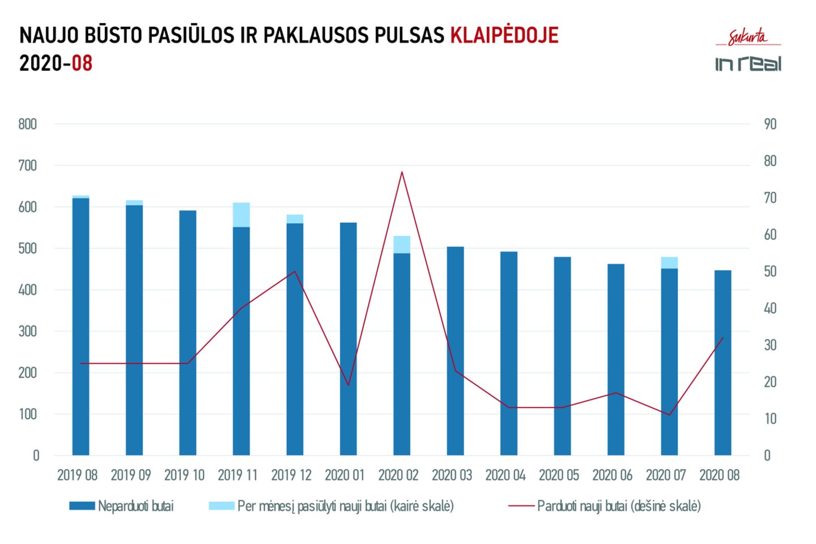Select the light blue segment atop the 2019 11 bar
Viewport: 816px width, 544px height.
pos(241,215)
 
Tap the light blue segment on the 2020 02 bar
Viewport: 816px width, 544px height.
pos(402,244)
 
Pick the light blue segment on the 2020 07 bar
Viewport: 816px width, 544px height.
pos(669,262)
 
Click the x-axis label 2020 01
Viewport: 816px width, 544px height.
pos(345,475)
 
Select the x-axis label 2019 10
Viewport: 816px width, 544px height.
pos(184,475)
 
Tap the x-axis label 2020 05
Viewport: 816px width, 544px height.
pos(559,475)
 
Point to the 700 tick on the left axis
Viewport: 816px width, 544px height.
pos(27,165)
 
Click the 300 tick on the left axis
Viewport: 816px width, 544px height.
pos(27,331)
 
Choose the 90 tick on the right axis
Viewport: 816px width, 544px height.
pos(770,124)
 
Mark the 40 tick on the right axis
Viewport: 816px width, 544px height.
pos(770,308)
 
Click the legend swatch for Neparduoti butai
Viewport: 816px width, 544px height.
pos(82,505)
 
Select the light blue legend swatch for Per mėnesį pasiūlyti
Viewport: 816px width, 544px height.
pos(221,505)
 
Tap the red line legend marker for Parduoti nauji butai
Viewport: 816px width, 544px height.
pos(521,505)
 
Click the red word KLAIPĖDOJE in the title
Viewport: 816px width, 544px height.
pos(504,35)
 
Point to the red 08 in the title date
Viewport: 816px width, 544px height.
pos(82,63)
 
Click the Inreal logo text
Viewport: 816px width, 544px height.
pos(748,63)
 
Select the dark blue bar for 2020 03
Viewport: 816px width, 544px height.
pos(455,351)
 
